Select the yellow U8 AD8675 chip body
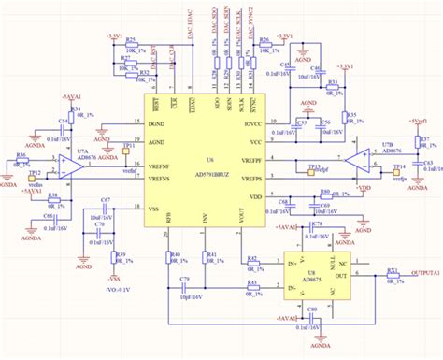click(318, 271)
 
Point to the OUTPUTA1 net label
click(426, 273)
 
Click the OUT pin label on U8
click(341, 277)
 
